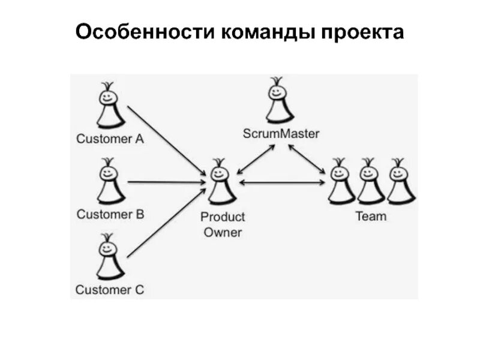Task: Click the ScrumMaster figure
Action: point(278,102)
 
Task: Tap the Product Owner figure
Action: point(220,183)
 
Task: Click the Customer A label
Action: point(110,139)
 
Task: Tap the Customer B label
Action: point(110,214)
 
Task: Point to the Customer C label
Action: point(110,290)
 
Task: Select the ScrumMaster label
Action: point(280,134)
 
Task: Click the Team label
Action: point(371,216)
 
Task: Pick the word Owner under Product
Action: point(222,232)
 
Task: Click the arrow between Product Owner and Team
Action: point(282,182)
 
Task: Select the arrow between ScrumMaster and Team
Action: point(310,159)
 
